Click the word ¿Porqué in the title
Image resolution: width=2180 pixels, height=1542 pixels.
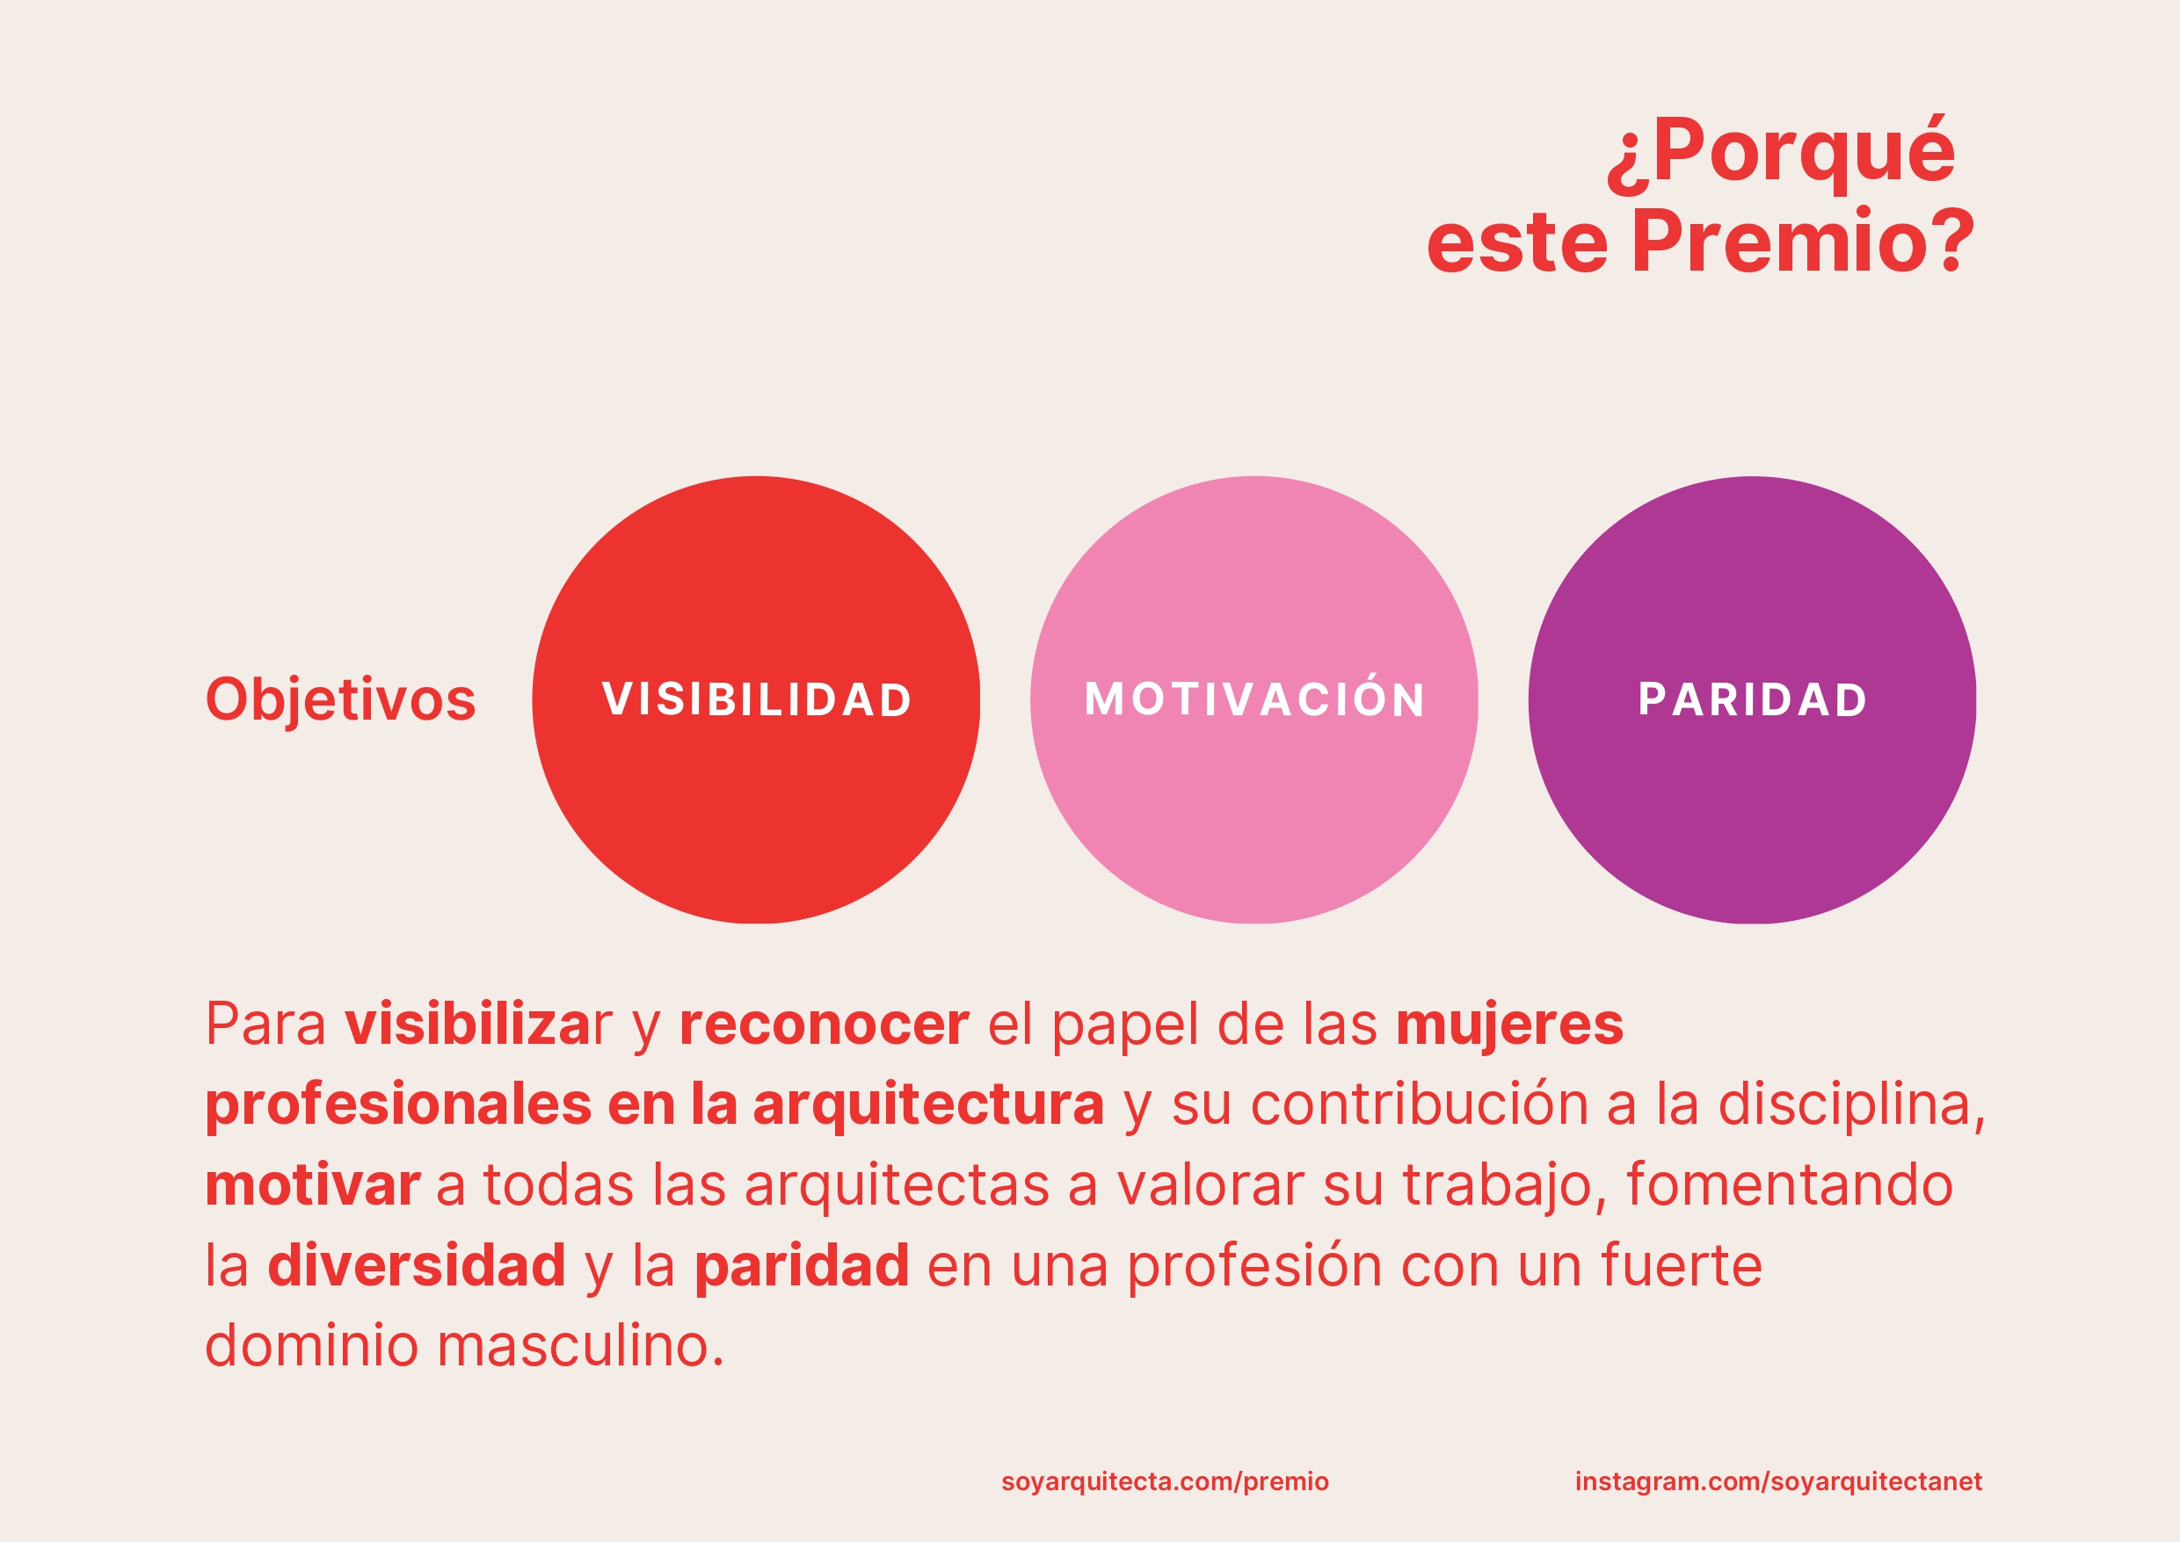pos(1781,152)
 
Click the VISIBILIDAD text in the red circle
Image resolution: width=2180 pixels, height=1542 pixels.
pos(756,699)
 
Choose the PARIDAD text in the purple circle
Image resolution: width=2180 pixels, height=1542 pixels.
pos(1753,699)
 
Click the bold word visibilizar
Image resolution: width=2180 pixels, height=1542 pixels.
pos(478,1024)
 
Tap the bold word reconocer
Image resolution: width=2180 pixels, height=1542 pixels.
pos(824,1025)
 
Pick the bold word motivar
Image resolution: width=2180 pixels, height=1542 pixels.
pos(313,1186)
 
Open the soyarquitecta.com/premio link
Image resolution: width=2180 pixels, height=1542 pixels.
pos(1165,1482)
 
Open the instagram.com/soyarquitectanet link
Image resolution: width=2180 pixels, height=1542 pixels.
pos(1778,1482)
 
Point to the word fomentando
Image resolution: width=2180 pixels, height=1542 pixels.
pos(1790,1186)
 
